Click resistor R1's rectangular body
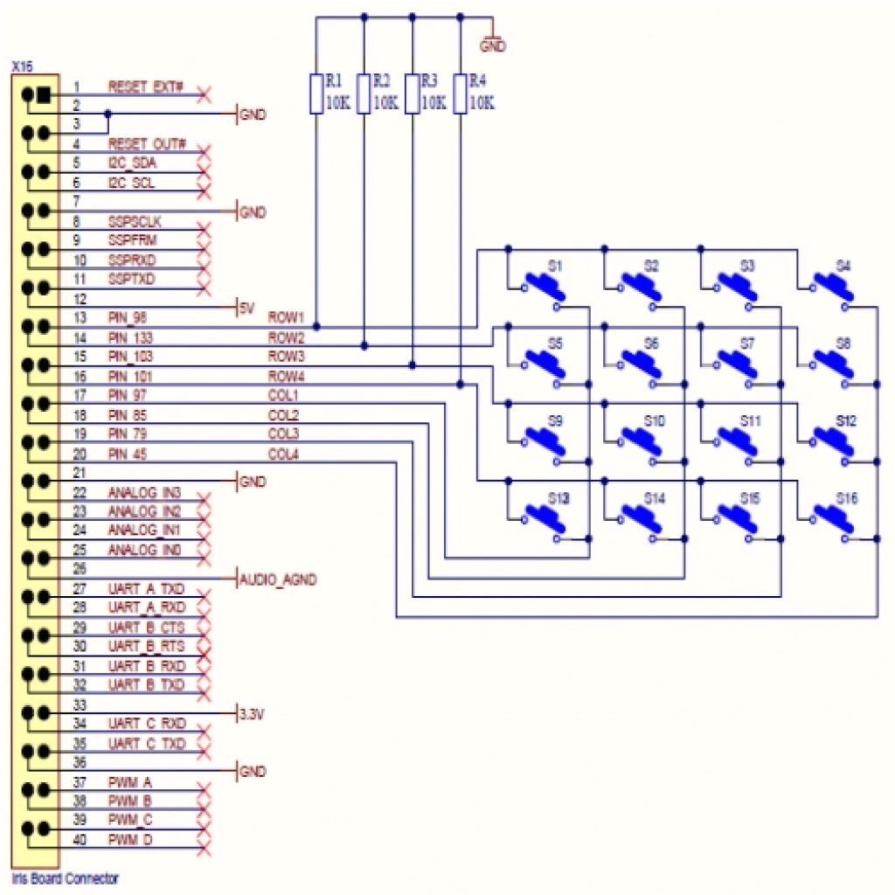[x=316, y=94]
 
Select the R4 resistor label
[x=477, y=80]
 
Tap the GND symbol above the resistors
[x=492, y=41]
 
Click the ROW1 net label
[x=286, y=317]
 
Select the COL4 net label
[x=283, y=454]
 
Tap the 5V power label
[x=246, y=307]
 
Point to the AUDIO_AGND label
[x=278, y=579]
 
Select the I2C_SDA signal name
[x=133, y=163]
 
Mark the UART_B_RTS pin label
[x=146, y=646]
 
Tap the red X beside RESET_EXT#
[x=205, y=94]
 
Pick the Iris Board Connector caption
[x=66, y=878]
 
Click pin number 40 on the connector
[x=80, y=840]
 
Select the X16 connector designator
[x=22, y=66]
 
